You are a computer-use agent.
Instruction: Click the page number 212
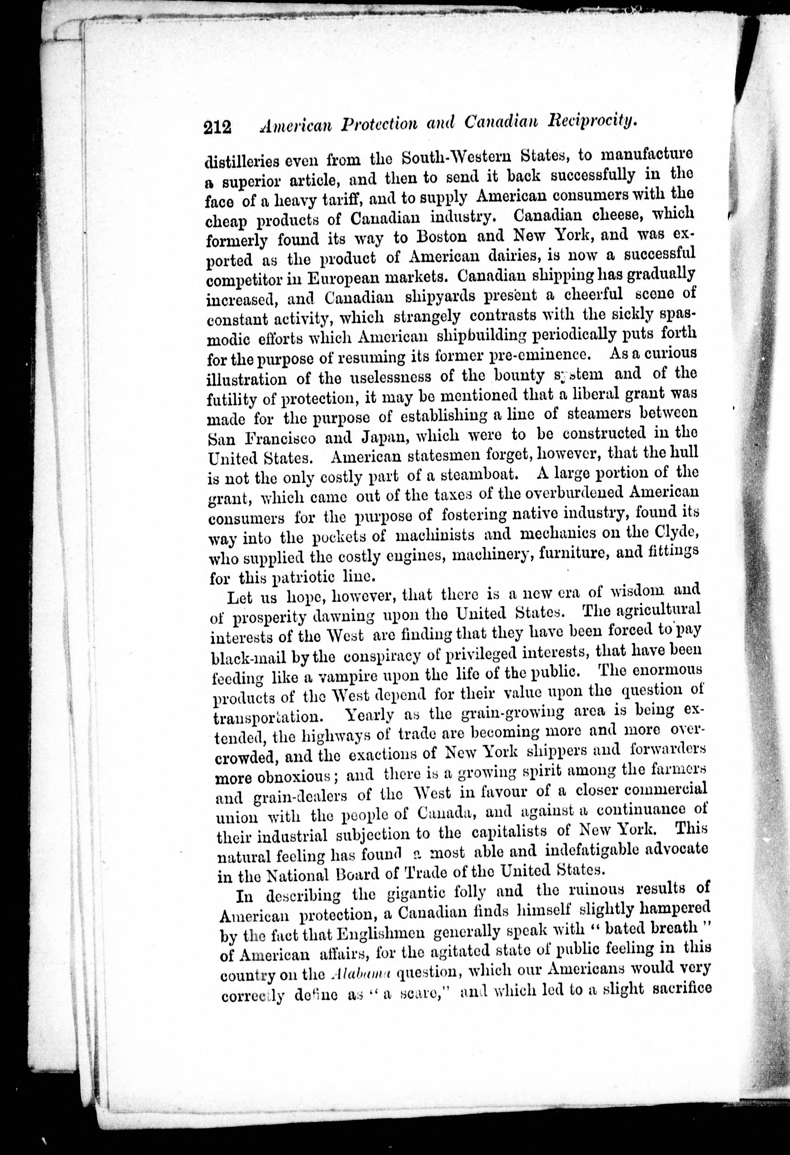pyautogui.click(x=218, y=127)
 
